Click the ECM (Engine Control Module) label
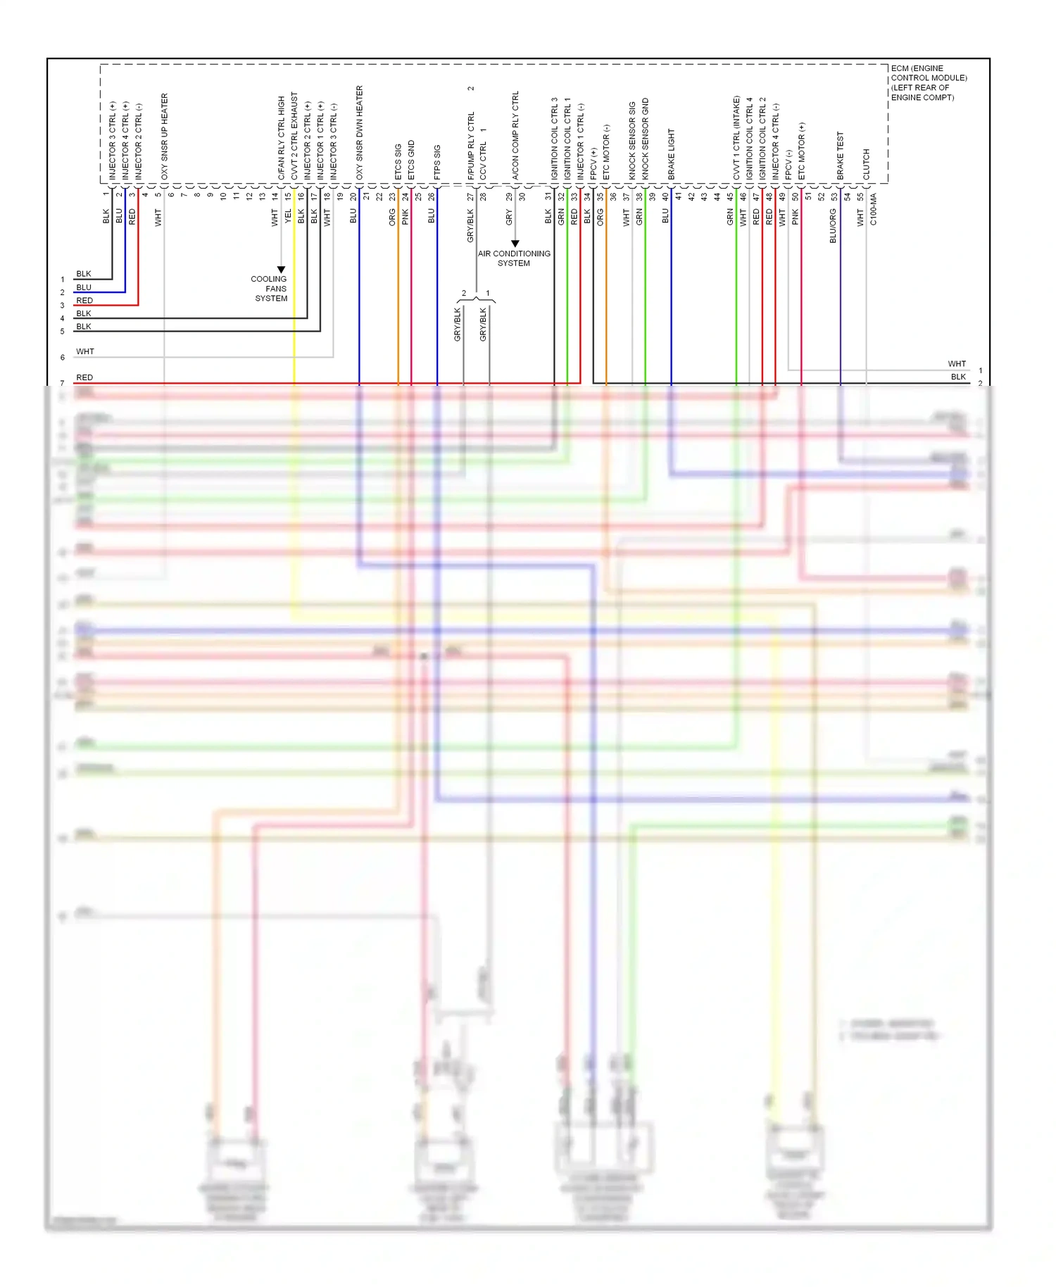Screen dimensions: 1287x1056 click(x=929, y=83)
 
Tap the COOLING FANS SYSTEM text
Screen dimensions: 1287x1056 click(x=270, y=289)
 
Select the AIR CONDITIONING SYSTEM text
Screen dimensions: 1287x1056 click(x=514, y=258)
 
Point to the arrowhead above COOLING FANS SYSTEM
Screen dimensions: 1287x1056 click(x=281, y=270)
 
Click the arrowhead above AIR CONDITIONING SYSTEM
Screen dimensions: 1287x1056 click(x=515, y=244)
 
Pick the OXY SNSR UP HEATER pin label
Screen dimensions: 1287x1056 click(x=165, y=137)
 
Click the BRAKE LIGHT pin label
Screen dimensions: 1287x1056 click(x=671, y=153)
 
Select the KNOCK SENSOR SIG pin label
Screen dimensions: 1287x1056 click(x=632, y=140)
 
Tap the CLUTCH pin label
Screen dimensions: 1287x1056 click(x=867, y=164)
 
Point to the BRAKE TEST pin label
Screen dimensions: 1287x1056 click(x=840, y=155)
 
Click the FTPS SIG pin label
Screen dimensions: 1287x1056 click(x=437, y=162)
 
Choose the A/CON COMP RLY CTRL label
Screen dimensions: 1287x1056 click(x=515, y=135)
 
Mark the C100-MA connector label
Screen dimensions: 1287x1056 click(x=874, y=210)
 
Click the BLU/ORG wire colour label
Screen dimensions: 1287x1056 click(x=833, y=226)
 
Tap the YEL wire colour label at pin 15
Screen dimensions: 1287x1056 click(x=288, y=217)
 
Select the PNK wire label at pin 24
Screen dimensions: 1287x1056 click(x=405, y=217)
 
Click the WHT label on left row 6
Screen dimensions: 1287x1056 click(x=85, y=351)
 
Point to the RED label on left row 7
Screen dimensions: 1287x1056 click(x=84, y=377)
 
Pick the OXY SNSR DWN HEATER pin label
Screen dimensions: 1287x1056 click(x=360, y=132)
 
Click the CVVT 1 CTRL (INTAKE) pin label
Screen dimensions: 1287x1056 click(x=736, y=138)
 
